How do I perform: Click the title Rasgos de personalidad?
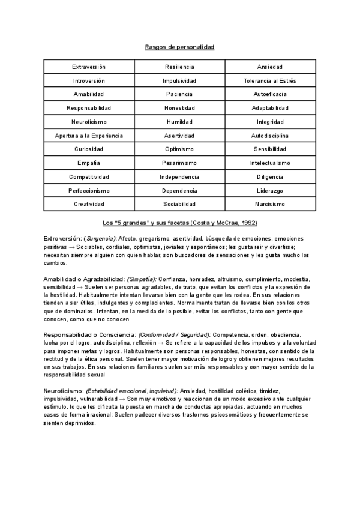pos(179,47)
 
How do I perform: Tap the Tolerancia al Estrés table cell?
pos(269,80)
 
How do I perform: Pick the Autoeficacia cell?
pos(269,94)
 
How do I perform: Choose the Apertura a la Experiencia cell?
pos(89,136)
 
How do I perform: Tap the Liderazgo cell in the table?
pos(269,191)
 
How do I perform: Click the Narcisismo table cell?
pos(269,205)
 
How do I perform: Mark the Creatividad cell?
pos(89,205)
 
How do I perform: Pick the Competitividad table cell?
pos(89,177)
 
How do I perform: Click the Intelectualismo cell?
pos(269,163)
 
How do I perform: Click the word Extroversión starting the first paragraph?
pos(62,239)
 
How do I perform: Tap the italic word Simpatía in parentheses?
pos(140,279)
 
